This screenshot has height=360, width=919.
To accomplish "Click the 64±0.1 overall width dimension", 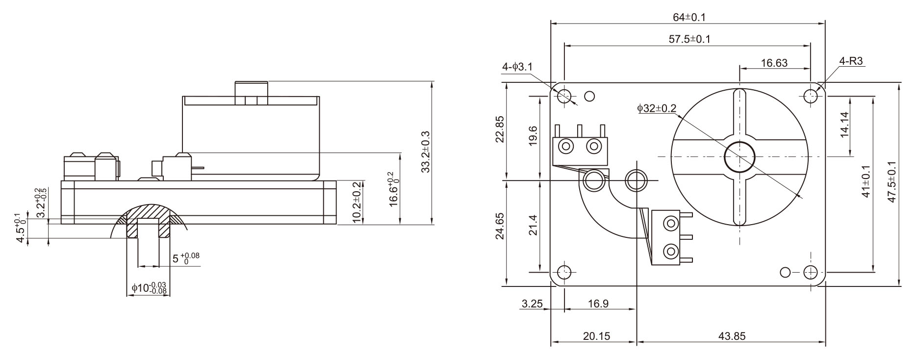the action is (x=689, y=17).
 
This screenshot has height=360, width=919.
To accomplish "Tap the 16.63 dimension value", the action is (x=774, y=63).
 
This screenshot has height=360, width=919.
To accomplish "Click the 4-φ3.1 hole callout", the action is (x=517, y=67).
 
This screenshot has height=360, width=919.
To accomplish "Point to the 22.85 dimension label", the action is (x=499, y=129).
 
